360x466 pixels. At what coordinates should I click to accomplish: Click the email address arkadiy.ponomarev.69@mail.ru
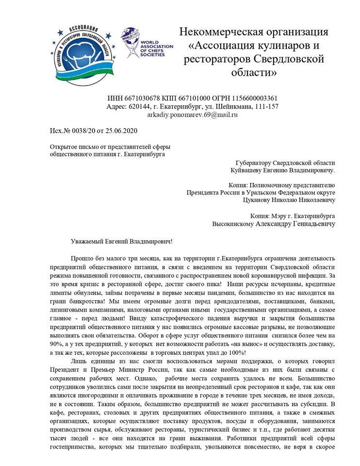(193, 115)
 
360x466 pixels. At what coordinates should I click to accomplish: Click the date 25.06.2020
(118, 131)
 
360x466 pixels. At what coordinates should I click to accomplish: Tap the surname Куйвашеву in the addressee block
(252, 171)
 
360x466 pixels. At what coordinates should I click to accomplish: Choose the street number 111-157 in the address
(263, 106)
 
